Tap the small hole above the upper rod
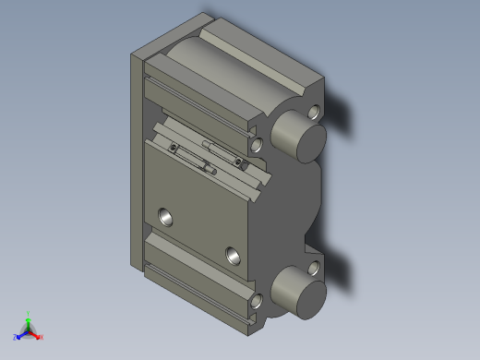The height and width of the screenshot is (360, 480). pos(318,113)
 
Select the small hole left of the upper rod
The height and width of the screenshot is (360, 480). pos(257,144)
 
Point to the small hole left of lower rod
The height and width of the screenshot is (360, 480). pos(256,300)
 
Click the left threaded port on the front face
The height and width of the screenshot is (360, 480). pos(166,218)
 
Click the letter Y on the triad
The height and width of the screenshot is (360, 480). pos(29,314)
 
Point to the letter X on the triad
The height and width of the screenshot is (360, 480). pos(42,337)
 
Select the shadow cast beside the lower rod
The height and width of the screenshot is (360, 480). pos(342,268)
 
